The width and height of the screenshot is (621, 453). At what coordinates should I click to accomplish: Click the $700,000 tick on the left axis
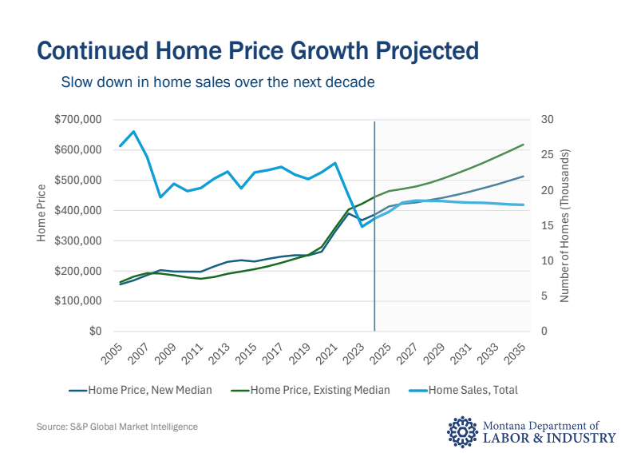click(78, 120)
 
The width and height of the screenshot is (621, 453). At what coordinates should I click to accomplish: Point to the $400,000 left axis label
click(78, 211)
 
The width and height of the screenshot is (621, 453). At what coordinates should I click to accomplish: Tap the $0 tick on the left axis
click(94, 332)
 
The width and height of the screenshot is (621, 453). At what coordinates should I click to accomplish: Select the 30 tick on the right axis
click(547, 120)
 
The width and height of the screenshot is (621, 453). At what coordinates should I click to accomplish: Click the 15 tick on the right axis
click(547, 226)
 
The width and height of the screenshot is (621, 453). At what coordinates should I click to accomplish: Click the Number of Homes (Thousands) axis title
click(565, 225)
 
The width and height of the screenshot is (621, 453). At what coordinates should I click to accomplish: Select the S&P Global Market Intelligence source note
click(117, 427)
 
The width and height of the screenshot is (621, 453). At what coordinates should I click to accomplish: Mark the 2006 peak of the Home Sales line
click(133, 132)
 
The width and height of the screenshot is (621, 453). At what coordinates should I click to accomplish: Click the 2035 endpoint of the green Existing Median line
click(524, 145)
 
